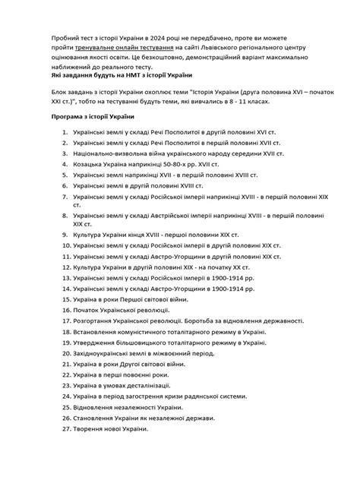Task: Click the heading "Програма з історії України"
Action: pyautogui.click(x=93, y=118)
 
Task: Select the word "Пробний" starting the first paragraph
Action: pyautogui.click(x=66, y=37)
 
